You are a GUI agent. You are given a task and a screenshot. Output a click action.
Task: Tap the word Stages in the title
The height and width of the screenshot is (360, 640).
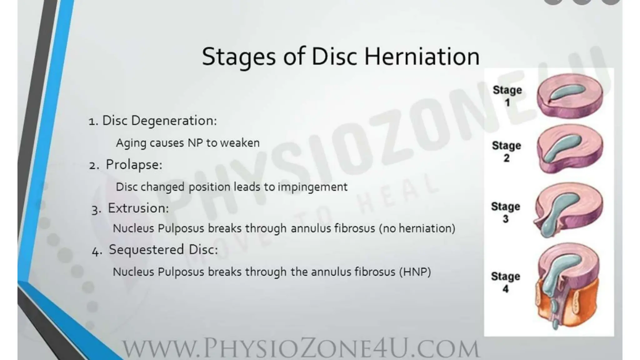click(239, 57)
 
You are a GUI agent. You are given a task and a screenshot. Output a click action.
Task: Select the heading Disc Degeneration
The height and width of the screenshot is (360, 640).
click(159, 121)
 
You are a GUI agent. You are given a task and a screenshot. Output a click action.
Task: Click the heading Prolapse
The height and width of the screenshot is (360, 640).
click(134, 165)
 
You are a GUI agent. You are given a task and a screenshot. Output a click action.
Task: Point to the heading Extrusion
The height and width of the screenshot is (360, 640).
click(138, 208)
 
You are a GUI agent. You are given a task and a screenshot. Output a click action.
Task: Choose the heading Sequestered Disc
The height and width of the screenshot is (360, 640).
click(163, 250)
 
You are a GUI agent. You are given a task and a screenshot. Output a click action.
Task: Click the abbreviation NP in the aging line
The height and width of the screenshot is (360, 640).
click(195, 143)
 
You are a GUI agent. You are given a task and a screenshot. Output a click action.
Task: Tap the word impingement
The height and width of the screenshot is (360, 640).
click(312, 187)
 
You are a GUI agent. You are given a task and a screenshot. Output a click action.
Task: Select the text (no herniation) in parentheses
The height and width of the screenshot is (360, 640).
click(417, 228)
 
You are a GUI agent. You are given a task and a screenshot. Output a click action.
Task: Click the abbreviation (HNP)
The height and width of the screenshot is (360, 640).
click(415, 272)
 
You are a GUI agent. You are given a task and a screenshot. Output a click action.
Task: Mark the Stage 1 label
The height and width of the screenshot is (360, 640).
click(507, 96)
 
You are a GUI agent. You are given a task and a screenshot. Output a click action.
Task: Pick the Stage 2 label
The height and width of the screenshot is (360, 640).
click(507, 151)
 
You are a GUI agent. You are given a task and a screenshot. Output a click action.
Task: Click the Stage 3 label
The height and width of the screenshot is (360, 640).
click(506, 212)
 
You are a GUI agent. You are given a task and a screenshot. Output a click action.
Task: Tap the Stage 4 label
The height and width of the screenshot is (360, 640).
click(505, 282)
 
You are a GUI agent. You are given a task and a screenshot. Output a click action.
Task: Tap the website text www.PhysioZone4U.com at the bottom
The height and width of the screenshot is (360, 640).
click(301, 348)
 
